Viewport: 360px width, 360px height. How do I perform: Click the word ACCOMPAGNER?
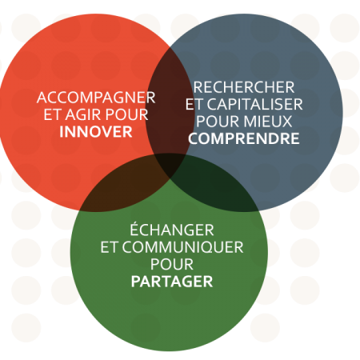click(x=96, y=98)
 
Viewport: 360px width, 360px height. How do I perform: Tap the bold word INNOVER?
click(x=96, y=132)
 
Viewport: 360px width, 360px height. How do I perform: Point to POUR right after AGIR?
click(x=126, y=114)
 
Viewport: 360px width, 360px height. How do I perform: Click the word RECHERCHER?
click(x=244, y=87)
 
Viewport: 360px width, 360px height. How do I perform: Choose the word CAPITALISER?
click(x=255, y=104)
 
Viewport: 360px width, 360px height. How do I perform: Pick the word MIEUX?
click(x=268, y=122)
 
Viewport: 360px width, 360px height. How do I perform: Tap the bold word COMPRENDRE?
click(x=244, y=138)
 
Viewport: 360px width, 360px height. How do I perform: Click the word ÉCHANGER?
click(x=172, y=229)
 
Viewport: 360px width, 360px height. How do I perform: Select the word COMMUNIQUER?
click(x=182, y=247)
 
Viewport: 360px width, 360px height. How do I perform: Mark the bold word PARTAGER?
click(x=172, y=282)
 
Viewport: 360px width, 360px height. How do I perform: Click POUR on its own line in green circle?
click(x=172, y=264)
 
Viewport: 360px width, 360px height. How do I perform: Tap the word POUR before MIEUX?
click(x=218, y=122)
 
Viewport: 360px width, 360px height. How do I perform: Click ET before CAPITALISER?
click(x=194, y=104)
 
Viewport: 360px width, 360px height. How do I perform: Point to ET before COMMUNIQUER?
click(x=109, y=247)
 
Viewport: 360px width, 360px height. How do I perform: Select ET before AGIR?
click(x=53, y=114)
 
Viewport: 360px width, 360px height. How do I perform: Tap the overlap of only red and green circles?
click(x=120, y=186)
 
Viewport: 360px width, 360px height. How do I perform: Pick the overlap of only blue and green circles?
click(x=218, y=186)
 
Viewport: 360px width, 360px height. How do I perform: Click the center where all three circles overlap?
click(x=170, y=163)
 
